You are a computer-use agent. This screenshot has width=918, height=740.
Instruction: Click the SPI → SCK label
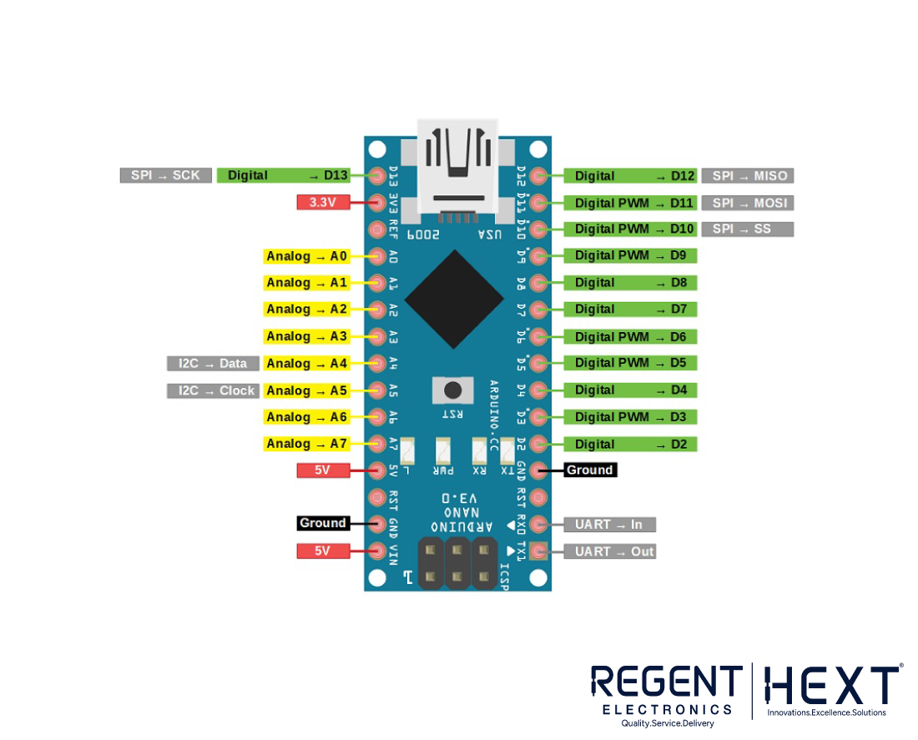[165, 175]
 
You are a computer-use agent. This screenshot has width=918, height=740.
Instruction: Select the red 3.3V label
[323, 202]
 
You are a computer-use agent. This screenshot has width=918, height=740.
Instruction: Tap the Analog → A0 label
[306, 256]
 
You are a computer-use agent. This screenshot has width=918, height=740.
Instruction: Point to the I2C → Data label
[213, 364]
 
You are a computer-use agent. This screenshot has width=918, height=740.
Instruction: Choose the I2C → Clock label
[213, 390]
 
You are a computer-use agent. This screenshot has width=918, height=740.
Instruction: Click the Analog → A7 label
[306, 444]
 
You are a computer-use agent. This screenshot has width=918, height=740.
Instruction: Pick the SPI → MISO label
[747, 176]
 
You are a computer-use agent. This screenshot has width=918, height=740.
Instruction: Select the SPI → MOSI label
[747, 203]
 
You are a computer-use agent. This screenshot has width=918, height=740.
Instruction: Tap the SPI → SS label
[747, 229]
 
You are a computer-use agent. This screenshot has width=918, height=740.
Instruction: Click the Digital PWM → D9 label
[631, 255]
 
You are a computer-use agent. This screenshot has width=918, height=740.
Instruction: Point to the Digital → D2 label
[631, 444]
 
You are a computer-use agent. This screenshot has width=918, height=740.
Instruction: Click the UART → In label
[609, 525]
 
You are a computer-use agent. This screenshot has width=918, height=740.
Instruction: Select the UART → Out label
[609, 551]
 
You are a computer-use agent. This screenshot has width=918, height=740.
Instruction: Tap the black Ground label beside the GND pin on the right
[590, 471]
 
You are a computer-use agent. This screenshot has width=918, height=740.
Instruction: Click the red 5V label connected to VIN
[323, 551]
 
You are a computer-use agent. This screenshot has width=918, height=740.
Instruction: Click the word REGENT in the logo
[666, 682]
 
